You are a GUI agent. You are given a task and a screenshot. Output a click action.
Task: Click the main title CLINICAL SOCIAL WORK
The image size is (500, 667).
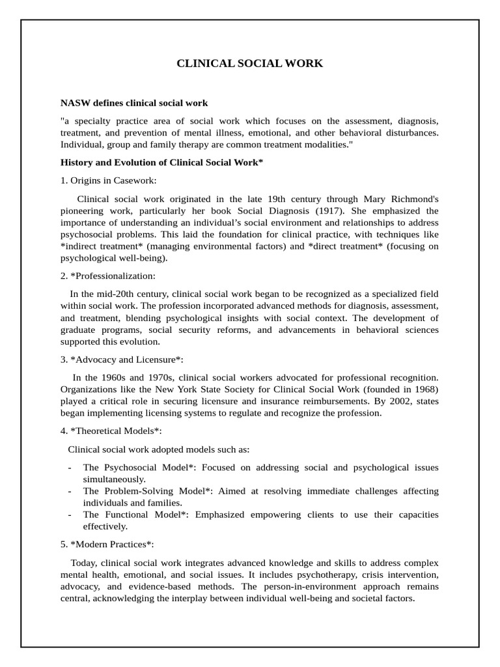[250, 63]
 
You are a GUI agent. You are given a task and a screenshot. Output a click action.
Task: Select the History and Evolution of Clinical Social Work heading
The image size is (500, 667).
[161, 162]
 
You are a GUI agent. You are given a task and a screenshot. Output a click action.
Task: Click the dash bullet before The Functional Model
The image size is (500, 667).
[70, 515]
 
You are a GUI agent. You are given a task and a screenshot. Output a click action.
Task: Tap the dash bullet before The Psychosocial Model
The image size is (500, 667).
[70, 468]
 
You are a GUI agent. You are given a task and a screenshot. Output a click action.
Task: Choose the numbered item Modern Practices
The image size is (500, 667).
[107, 544]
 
